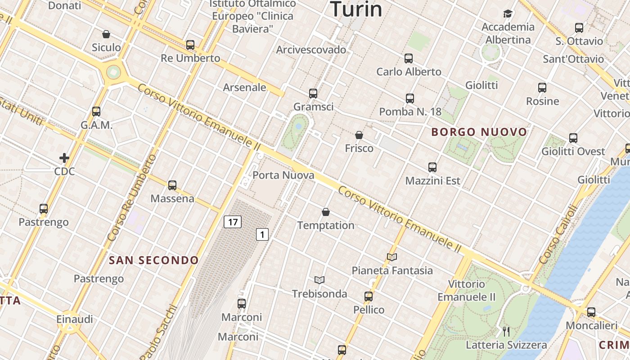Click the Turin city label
click(356, 9)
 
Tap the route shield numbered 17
click(232, 221)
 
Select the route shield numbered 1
click(262, 234)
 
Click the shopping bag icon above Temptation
click(326, 212)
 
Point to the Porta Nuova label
click(283, 175)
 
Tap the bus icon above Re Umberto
click(190, 45)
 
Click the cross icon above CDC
click(64, 158)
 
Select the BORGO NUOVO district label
click(479, 132)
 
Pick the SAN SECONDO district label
click(154, 260)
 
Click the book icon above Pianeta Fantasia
click(392, 257)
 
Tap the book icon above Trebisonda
click(319, 280)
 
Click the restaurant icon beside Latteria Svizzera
click(506, 332)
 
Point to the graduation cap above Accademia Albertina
click(508, 14)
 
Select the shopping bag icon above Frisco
click(359, 135)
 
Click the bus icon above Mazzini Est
click(432, 167)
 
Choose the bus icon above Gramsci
click(313, 94)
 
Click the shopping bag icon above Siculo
click(106, 34)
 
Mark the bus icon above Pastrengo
click(44, 209)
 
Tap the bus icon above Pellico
click(369, 297)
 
